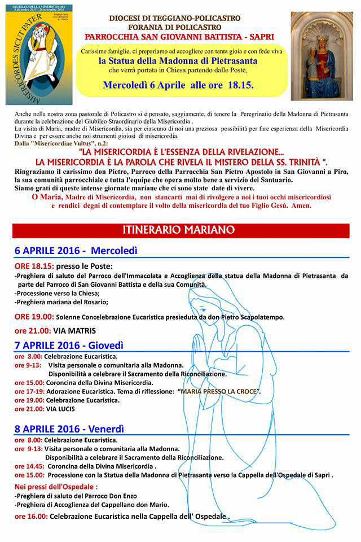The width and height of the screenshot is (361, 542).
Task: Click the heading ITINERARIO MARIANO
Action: [180, 230]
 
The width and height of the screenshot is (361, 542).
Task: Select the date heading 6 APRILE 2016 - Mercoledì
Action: [76, 250]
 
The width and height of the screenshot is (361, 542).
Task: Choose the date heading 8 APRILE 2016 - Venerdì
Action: [69, 428]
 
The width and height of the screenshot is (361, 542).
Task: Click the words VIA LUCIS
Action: [60, 409]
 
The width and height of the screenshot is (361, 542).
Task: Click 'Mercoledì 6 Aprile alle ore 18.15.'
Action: [178, 85]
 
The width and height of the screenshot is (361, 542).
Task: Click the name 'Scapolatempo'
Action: [259, 317]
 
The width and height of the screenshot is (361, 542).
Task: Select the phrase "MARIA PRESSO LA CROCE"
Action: [218, 391]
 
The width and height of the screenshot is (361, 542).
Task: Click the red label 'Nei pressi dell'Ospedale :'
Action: [56, 486]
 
